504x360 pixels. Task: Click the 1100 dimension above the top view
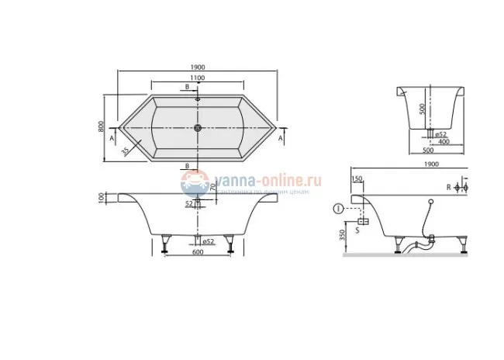click(x=197, y=78)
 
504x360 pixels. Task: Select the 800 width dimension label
click(x=101, y=127)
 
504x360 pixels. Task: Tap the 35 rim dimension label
click(x=125, y=151)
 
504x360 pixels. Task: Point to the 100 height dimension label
click(x=101, y=199)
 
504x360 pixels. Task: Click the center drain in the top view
click(x=198, y=129)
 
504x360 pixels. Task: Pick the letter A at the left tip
click(x=113, y=138)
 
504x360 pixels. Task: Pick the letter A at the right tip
click(x=281, y=138)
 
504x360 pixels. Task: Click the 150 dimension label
click(x=357, y=179)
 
